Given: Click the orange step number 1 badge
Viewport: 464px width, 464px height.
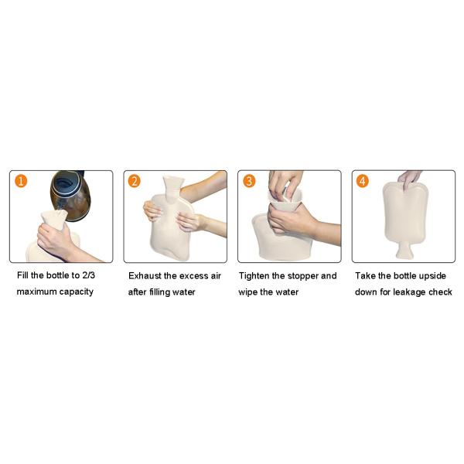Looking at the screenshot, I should (21, 181).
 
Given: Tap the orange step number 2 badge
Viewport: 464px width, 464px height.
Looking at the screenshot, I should (135, 181).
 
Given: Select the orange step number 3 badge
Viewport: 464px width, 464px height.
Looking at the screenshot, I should (249, 181).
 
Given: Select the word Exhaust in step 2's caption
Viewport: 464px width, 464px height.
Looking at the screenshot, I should (145, 276).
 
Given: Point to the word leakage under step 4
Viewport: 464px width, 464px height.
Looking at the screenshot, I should (411, 292).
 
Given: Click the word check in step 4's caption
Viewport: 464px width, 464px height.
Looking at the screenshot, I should (441, 292).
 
